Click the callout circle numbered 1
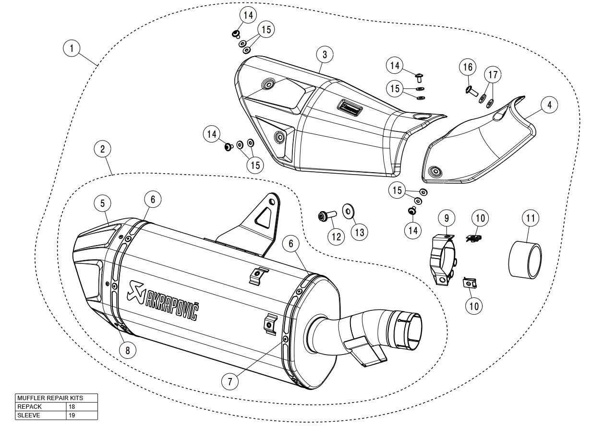coord(72,48)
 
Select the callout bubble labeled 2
coord(102,149)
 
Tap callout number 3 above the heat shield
coord(325,55)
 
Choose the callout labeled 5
coord(103,203)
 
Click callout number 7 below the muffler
coord(230,382)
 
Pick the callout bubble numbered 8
coord(127,350)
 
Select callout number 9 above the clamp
coord(446,218)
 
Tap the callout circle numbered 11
coord(530,219)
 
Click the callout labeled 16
coord(469,67)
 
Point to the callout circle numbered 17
coord(493,75)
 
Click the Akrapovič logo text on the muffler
coord(163,299)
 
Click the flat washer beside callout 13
coord(346,210)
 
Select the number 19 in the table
coord(72,415)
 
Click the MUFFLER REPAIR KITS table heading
coord(50,398)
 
